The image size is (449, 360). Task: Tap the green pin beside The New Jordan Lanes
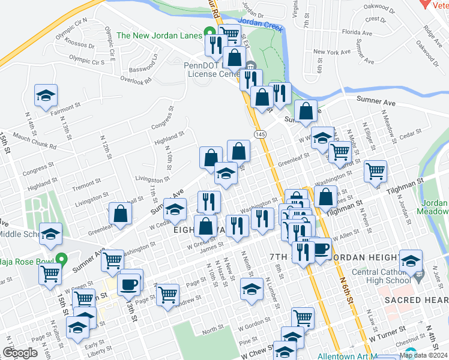209,33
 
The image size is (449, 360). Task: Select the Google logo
20,353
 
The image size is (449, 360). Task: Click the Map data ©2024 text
423,355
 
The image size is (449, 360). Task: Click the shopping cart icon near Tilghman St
375,171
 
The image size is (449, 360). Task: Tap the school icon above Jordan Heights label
411,260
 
